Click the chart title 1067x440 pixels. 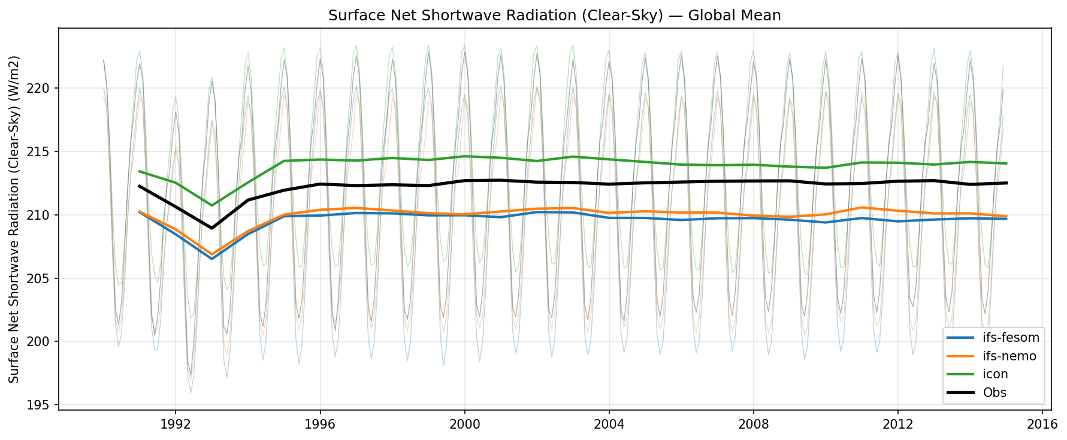coord(554,16)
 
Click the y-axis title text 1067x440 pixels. coord(14,219)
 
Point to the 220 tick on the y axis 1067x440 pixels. coord(43,89)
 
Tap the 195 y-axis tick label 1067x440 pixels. coord(43,405)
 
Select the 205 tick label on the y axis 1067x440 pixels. coord(43,278)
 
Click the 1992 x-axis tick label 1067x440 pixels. coord(175,424)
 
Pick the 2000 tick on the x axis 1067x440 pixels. coord(464,424)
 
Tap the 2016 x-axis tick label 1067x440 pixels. coord(1042,424)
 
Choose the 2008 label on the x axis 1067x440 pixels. coord(753,424)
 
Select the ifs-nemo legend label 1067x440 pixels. coord(1009,356)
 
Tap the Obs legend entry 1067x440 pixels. coord(995,393)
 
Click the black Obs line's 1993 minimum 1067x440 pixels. coord(211,228)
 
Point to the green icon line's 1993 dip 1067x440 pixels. coord(211,205)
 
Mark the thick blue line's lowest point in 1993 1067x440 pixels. coord(211,259)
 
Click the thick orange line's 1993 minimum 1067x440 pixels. coord(211,254)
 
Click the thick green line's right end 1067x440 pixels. coord(1006,163)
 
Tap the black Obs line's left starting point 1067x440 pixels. coord(139,186)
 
